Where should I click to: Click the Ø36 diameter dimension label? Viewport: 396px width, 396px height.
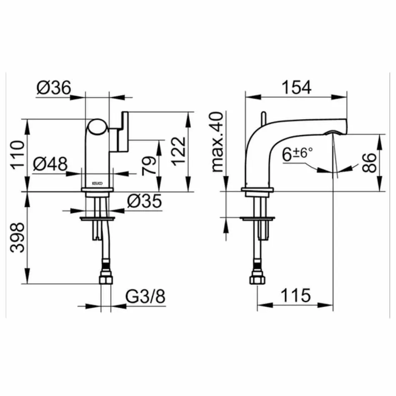click(x=54, y=88)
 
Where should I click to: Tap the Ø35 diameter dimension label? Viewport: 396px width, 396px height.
click(x=143, y=201)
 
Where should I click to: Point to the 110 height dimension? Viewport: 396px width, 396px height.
click(x=17, y=154)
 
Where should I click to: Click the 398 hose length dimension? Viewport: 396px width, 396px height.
click(x=17, y=239)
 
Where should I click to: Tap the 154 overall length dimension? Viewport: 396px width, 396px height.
click(x=297, y=87)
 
